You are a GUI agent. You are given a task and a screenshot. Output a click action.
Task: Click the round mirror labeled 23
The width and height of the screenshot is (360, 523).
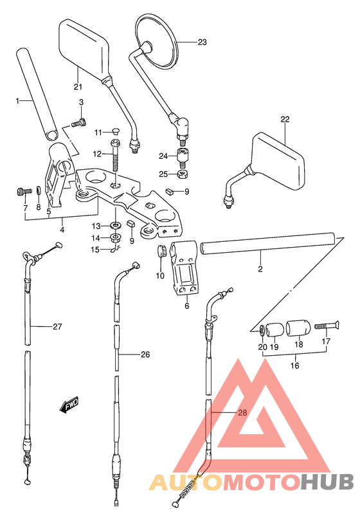[x=157, y=41]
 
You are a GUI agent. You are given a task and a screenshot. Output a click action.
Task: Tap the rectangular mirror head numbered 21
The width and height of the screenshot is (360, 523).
[x=84, y=48]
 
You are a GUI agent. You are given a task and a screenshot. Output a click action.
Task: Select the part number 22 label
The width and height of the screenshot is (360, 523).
[x=285, y=119]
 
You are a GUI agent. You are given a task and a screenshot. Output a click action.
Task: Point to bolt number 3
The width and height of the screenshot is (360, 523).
[x=79, y=124]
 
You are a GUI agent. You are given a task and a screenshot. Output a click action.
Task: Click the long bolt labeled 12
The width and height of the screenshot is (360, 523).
[x=115, y=155]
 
